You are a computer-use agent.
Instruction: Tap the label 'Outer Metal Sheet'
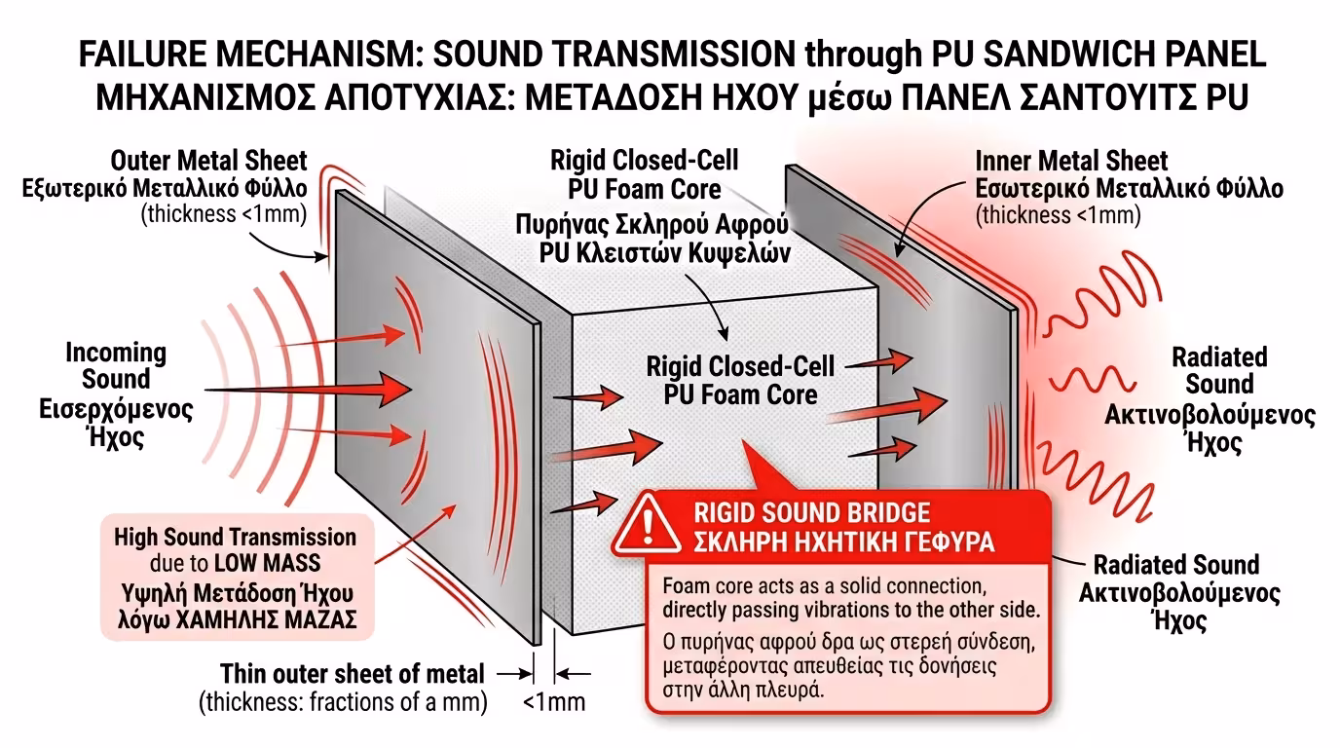tap(208, 160)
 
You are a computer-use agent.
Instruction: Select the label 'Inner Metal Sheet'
tap(1071, 161)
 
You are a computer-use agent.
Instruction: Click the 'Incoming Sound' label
tap(116, 365)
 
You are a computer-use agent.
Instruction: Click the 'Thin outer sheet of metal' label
tap(353, 673)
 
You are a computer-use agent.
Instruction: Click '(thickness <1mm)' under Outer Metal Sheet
tap(225, 214)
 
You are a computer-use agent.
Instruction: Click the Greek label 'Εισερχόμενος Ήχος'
tap(116, 421)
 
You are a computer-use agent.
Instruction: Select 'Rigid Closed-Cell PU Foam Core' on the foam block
tap(741, 381)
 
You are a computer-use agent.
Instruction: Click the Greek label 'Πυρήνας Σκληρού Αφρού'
tap(651, 227)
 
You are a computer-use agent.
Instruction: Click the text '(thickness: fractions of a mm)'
tap(343, 701)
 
